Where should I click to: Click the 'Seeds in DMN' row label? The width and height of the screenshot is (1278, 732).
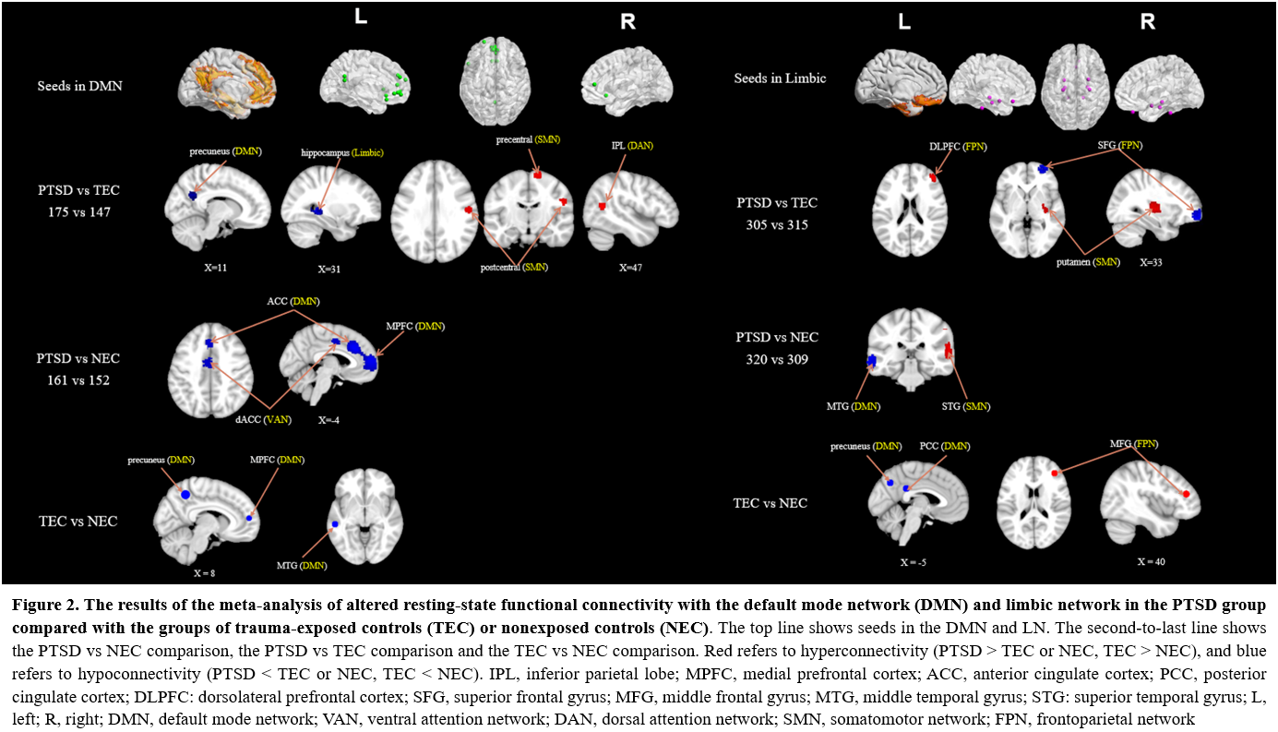tap(80, 87)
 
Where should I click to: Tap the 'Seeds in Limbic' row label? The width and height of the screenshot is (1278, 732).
tap(780, 78)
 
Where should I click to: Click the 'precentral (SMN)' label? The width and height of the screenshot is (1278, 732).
tap(526, 139)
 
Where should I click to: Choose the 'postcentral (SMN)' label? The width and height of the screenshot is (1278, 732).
tap(514, 267)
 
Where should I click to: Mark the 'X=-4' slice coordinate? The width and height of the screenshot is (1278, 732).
tap(329, 420)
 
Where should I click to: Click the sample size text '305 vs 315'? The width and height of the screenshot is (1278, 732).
tap(777, 224)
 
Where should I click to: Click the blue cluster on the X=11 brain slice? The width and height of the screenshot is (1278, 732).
tap(194, 196)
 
